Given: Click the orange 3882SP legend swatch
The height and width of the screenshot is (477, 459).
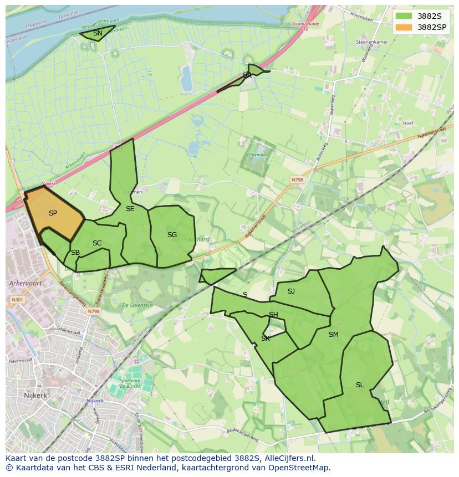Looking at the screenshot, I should [404, 27].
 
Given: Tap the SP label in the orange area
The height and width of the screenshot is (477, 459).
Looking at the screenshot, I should [53, 213].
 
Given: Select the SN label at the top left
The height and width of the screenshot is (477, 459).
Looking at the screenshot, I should [98, 33].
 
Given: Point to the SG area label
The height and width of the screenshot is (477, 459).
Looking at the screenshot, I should [172, 235].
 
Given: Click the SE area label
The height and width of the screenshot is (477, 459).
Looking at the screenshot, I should [130, 209].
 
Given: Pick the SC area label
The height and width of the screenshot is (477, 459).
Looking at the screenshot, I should [97, 243].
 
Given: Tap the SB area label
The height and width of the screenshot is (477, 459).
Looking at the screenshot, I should [75, 253].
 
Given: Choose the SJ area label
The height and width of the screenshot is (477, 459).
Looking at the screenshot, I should [291, 291].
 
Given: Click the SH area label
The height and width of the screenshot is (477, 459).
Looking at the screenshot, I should [273, 315].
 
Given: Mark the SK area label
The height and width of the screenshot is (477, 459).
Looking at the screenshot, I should [266, 338].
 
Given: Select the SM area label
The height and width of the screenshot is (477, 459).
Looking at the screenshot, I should [333, 335].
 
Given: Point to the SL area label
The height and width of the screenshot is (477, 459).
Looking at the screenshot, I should [360, 385].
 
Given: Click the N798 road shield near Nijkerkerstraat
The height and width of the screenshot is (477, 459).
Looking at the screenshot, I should [297, 179].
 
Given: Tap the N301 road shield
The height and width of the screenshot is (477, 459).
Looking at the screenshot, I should [17, 300].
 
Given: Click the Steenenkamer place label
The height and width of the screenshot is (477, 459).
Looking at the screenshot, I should [371, 42].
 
